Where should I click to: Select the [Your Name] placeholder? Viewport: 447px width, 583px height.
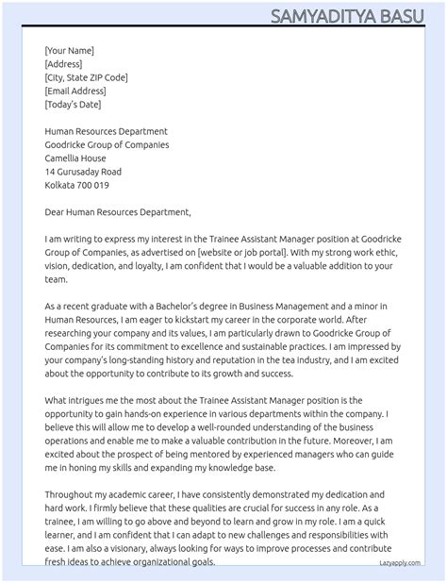click(69, 51)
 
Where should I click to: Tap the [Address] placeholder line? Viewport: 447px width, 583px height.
click(63, 64)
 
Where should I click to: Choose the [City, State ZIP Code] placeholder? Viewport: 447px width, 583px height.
click(86, 77)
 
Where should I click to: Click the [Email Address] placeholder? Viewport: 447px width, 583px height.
click(75, 91)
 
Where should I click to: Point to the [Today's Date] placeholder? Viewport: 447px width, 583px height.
click(74, 104)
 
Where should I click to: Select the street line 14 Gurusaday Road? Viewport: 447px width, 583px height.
click(83, 172)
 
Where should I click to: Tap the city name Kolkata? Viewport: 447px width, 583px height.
click(60, 186)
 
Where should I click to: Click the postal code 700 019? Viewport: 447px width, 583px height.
click(94, 186)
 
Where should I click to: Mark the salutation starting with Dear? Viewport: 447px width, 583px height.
click(118, 212)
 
